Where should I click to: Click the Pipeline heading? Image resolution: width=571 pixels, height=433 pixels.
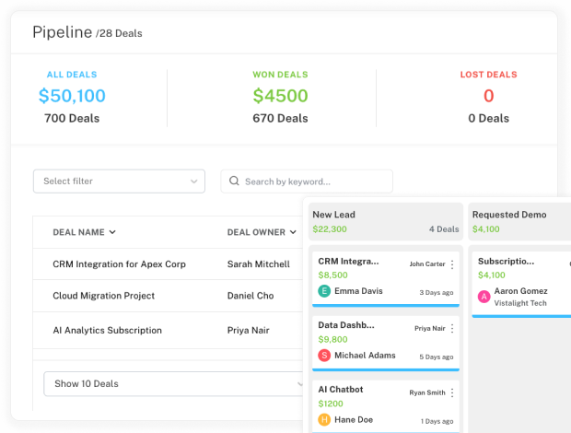[x=62, y=32]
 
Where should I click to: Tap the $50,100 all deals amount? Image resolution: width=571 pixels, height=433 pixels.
[x=72, y=96]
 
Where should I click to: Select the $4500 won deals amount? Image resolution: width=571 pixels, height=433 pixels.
[x=280, y=96]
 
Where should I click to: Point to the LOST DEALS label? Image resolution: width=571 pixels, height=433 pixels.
[x=488, y=75]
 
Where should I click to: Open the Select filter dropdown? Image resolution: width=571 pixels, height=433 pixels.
[x=119, y=181]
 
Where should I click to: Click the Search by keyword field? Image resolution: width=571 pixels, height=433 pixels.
[x=307, y=181]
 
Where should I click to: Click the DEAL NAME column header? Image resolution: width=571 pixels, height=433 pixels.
[x=84, y=232]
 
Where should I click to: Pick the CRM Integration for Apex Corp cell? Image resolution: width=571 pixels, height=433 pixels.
[x=119, y=264]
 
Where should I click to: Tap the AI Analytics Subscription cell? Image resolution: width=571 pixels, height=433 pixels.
[x=107, y=330]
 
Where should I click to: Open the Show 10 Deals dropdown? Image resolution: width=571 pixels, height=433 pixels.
[x=175, y=383]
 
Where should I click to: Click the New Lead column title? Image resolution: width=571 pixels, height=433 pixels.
[x=333, y=215]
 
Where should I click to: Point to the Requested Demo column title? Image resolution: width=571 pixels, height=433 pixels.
[x=509, y=215]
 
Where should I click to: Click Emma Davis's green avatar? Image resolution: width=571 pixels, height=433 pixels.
[x=324, y=291]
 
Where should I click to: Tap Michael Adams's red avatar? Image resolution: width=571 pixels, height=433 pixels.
[x=324, y=356]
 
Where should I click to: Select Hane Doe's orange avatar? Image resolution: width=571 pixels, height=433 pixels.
[x=324, y=420]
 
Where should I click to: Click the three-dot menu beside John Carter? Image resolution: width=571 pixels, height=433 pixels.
[x=452, y=264]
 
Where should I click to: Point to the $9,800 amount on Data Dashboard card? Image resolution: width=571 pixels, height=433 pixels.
[x=332, y=339]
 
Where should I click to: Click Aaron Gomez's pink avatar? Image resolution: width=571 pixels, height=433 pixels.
[x=484, y=297]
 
